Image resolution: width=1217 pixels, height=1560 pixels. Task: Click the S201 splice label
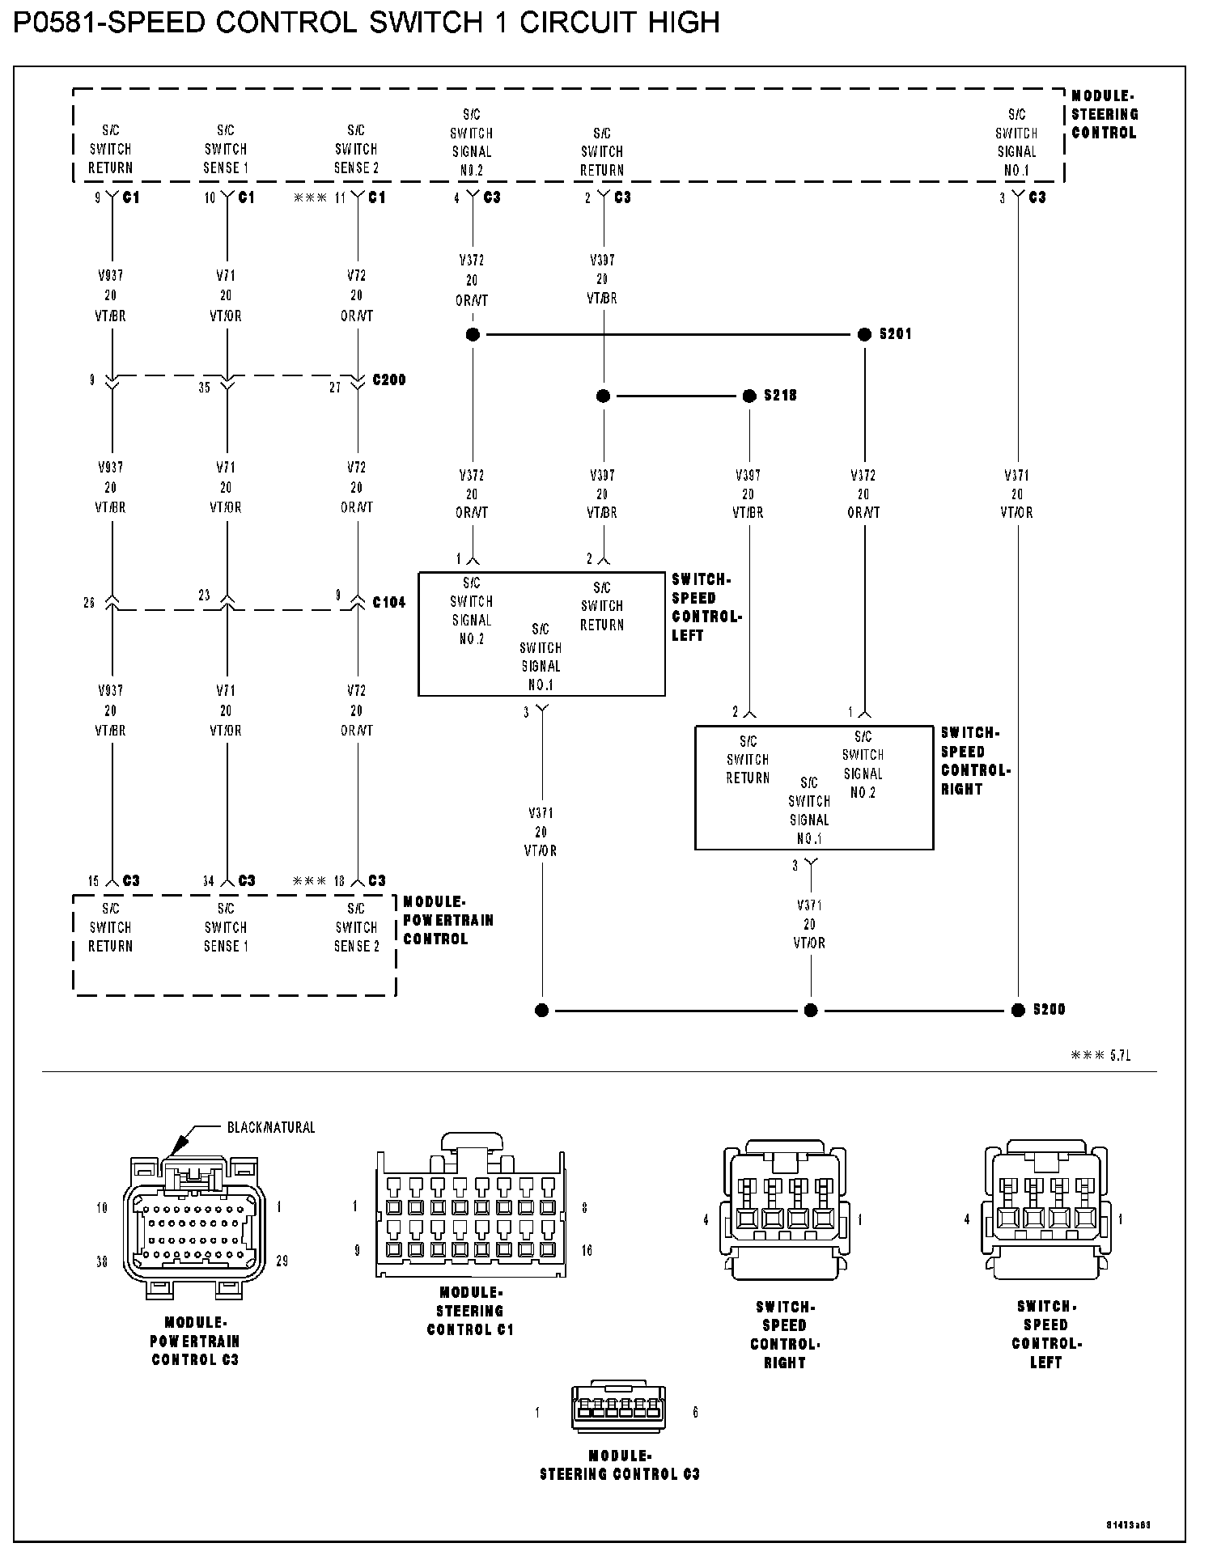(x=895, y=334)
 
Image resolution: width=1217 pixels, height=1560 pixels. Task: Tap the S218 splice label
(x=780, y=396)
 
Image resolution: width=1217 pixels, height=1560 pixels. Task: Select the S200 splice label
(x=1049, y=1010)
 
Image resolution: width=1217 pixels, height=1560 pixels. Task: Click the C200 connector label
(x=388, y=379)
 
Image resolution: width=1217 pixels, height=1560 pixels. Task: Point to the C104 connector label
(x=388, y=603)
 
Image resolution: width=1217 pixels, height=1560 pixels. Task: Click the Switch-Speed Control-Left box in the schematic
(x=541, y=634)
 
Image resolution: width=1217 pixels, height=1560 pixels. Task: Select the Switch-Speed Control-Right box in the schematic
(x=814, y=787)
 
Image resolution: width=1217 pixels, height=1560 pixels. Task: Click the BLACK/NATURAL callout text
(x=271, y=1127)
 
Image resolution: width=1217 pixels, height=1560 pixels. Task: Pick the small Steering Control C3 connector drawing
(x=618, y=1412)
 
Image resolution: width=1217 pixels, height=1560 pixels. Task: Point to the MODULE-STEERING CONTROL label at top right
(x=1104, y=114)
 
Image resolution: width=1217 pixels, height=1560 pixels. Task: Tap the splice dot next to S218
(x=750, y=396)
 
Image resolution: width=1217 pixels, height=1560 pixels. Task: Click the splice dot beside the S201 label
(x=865, y=334)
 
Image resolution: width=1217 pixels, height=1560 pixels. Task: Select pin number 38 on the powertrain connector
(x=102, y=1261)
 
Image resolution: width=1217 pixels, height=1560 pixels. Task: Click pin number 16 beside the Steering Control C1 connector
(x=587, y=1250)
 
